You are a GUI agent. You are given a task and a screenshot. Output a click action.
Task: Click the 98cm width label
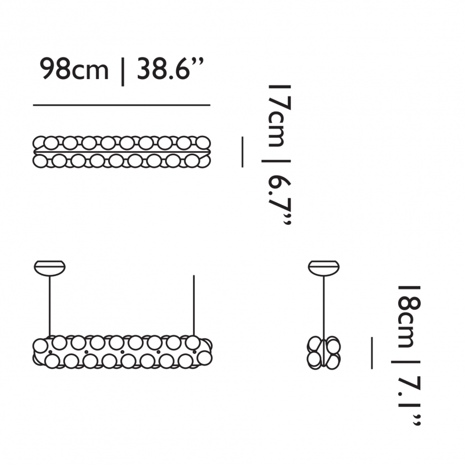click(x=74, y=70)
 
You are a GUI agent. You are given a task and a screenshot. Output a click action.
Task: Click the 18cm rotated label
click(x=407, y=316)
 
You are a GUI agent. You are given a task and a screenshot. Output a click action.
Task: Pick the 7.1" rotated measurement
click(x=407, y=401)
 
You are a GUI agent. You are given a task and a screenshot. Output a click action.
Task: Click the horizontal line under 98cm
click(x=121, y=105)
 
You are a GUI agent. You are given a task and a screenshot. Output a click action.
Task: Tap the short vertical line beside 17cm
click(x=242, y=152)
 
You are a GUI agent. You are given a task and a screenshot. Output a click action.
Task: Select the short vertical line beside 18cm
click(x=371, y=352)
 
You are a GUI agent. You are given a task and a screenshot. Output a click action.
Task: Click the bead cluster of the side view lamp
click(x=324, y=352)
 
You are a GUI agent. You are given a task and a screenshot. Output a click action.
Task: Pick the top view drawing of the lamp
click(x=121, y=151)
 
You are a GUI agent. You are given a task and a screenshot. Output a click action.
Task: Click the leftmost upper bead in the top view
click(x=41, y=142)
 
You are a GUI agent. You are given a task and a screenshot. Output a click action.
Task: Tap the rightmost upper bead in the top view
click(x=202, y=142)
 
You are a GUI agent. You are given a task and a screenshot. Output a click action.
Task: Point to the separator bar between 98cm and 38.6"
click(x=123, y=70)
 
